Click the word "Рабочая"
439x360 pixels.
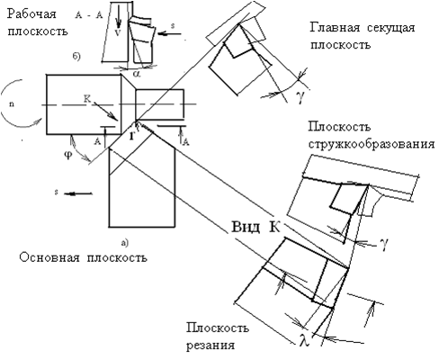pyautogui.click(x=32, y=14)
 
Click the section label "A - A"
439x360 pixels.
pyautogui.click(x=89, y=15)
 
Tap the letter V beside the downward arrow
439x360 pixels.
pyautogui.click(x=118, y=32)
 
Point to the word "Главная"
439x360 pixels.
pyautogui.click(x=335, y=28)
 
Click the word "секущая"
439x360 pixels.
pyautogui.click(x=390, y=29)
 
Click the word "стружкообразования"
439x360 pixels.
pyautogui.click(x=372, y=144)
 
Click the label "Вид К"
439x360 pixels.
pyautogui.click(x=255, y=227)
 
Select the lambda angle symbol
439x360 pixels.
pyautogui.click(x=305, y=340)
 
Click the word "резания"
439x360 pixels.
pyautogui.click(x=211, y=346)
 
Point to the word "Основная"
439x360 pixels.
pyautogui.click(x=49, y=257)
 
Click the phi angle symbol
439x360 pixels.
pyautogui.click(x=69, y=156)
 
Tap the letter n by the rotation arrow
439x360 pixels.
pyautogui.click(x=12, y=105)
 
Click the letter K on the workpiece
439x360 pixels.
pyautogui.click(x=87, y=99)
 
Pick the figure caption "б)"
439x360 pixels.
pyautogui.click(x=76, y=57)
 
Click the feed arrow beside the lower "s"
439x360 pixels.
pyautogui.click(x=78, y=193)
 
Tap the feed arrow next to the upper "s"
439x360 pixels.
pyautogui.click(x=169, y=33)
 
